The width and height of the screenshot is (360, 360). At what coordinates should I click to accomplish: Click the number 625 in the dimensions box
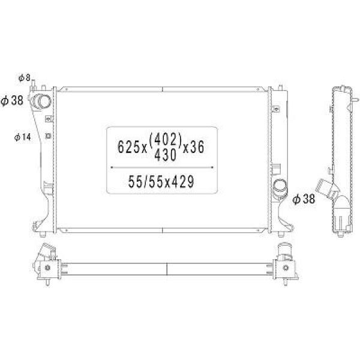click(128, 147)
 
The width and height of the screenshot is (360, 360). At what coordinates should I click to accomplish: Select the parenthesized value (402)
click(166, 139)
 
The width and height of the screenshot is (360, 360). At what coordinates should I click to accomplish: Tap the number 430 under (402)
click(166, 155)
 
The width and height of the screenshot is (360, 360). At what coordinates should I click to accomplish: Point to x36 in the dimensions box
click(193, 147)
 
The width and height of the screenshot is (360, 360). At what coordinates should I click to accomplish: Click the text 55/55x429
click(161, 182)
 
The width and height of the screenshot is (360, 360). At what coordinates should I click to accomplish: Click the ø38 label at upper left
click(12, 101)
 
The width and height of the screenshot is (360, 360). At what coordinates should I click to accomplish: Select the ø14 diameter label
click(22, 137)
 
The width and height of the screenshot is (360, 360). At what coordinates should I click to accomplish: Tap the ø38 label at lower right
click(304, 199)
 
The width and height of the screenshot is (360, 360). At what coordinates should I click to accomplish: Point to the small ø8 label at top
click(25, 78)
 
